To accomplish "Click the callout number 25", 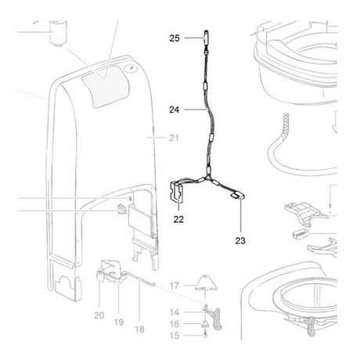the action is (x=175, y=38).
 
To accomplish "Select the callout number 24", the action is (x=175, y=110).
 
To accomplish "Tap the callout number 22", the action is (x=178, y=219).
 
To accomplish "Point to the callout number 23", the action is (x=240, y=241).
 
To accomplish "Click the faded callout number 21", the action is (x=174, y=138).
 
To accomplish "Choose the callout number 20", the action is (x=99, y=315).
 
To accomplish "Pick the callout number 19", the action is (x=119, y=322).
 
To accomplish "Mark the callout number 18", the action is (x=139, y=329).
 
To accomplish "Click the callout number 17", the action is (x=175, y=286).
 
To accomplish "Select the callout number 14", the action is (x=175, y=312).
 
